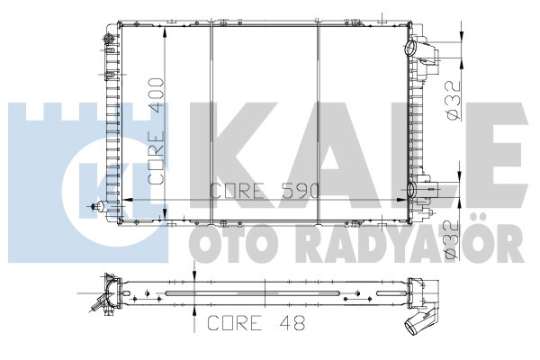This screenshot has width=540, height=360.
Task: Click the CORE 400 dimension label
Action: (x=156, y=130)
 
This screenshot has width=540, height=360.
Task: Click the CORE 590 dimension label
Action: (x=265, y=191)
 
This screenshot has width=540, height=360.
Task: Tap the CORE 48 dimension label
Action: (x=256, y=323)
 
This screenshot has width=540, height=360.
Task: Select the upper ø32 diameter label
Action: (x=454, y=101)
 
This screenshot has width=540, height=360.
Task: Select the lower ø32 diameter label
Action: (x=452, y=240)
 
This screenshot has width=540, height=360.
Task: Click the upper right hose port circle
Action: (x=411, y=48)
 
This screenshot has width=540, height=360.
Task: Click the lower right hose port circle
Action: (x=411, y=189)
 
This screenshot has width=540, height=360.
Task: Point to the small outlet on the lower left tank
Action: (x=100, y=206)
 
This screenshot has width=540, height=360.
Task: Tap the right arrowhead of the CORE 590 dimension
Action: (x=401, y=200)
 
